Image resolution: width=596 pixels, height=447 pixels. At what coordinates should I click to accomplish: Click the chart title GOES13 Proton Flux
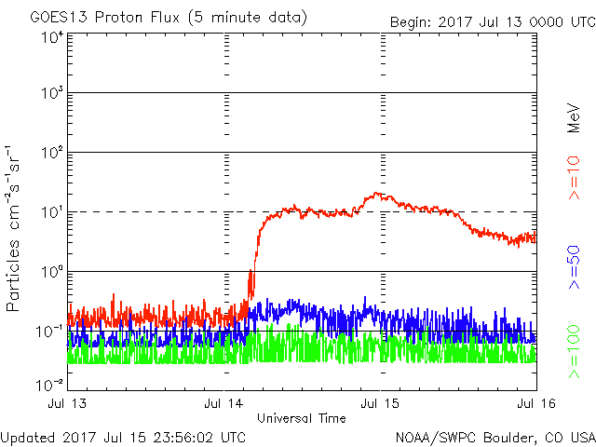point(156,18)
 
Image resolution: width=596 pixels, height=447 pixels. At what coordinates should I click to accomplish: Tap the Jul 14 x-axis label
point(226,403)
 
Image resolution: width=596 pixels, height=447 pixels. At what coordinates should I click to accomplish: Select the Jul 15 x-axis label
point(381,403)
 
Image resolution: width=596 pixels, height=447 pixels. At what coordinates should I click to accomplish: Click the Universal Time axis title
point(301,418)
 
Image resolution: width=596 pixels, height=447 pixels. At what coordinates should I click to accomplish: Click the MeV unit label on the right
point(575,116)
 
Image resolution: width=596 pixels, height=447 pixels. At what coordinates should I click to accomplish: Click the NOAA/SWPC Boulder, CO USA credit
point(494,437)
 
